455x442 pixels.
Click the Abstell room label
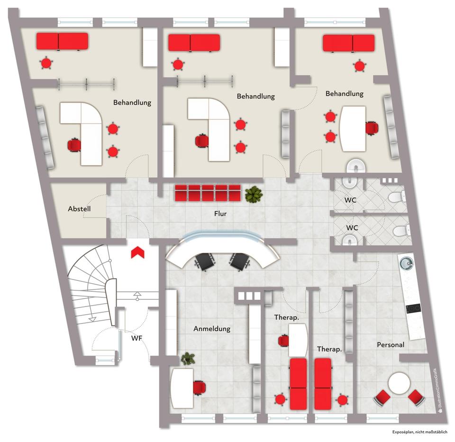pyautogui.click(x=79, y=208)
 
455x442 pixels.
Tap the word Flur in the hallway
pyautogui.click(x=220, y=214)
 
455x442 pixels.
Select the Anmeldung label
pyautogui.click(x=212, y=328)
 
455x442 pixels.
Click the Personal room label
pyautogui.click(x=391, y=344)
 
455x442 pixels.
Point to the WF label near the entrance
pyautogui.click(x=137, y=338)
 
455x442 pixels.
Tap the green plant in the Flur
pyautogui.click(x=254, y=194)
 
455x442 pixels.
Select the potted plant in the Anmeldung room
pyautogui.click(x=188, y=359)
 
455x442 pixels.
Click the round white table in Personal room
pyautogui.click(x=398, y=383)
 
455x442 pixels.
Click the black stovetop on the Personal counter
pyautogui.click(x=412, y=308)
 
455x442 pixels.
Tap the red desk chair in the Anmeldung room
pyautogui.click(x=200, y=388)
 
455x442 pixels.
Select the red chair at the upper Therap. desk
pyautogui.click(x=283, y=340)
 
